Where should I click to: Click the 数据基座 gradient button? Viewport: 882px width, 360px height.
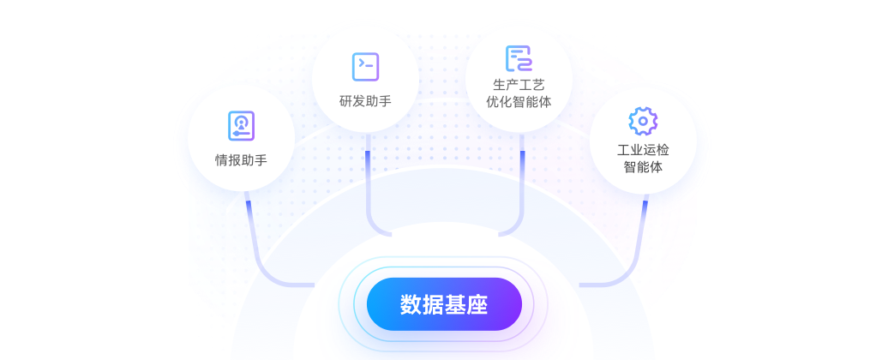pos(444,304)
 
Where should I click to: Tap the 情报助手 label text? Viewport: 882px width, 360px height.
pos(241,159)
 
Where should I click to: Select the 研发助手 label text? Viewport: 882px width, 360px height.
pos(365,101)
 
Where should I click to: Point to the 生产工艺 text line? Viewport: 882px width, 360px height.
pos(519,85)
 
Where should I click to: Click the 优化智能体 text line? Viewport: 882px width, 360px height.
pos(519,101)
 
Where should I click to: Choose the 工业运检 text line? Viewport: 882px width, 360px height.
pos(643,150)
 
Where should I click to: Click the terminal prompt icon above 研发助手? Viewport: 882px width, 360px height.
pos(365,66)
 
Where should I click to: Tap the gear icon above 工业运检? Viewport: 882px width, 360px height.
pos(643,121)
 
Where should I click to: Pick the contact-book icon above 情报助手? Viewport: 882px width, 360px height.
pos(241,125)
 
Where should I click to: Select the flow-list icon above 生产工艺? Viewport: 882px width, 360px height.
pos(519,58)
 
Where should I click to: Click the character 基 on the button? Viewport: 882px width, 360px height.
pos(455,304)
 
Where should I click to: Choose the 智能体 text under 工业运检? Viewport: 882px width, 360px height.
pos(643,167)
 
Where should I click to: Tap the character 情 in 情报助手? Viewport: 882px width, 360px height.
pos(221,159)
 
